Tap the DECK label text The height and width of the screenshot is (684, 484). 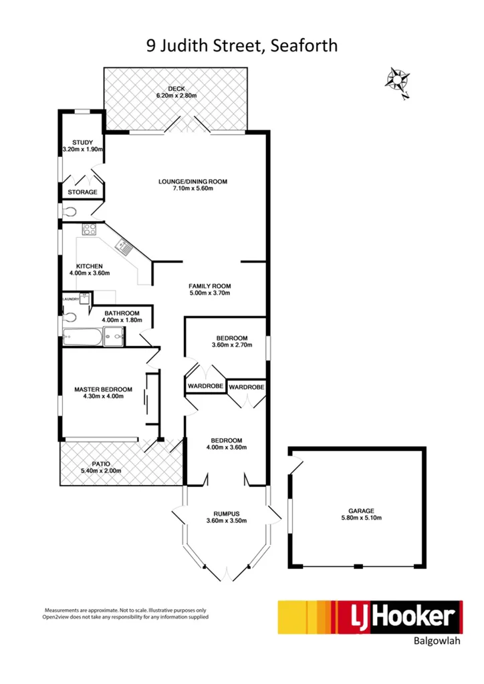click(176, 89)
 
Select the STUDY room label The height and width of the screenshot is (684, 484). click(82, 142)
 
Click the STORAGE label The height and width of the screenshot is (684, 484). click(82, 192)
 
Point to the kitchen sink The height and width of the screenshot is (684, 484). click(124, 248)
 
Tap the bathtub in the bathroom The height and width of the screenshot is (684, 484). click(84, 338)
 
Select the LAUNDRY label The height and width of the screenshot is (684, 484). click(71, 299)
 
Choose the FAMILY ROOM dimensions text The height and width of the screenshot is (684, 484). click(209, 293)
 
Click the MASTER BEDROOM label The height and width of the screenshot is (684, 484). click(103, 389)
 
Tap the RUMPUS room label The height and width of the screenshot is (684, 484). click(226, 514)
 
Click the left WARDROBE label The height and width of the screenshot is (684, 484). click(204, 387)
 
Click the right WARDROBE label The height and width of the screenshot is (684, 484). click(247, 387)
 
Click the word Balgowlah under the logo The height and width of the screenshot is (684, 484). click(435, 645)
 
